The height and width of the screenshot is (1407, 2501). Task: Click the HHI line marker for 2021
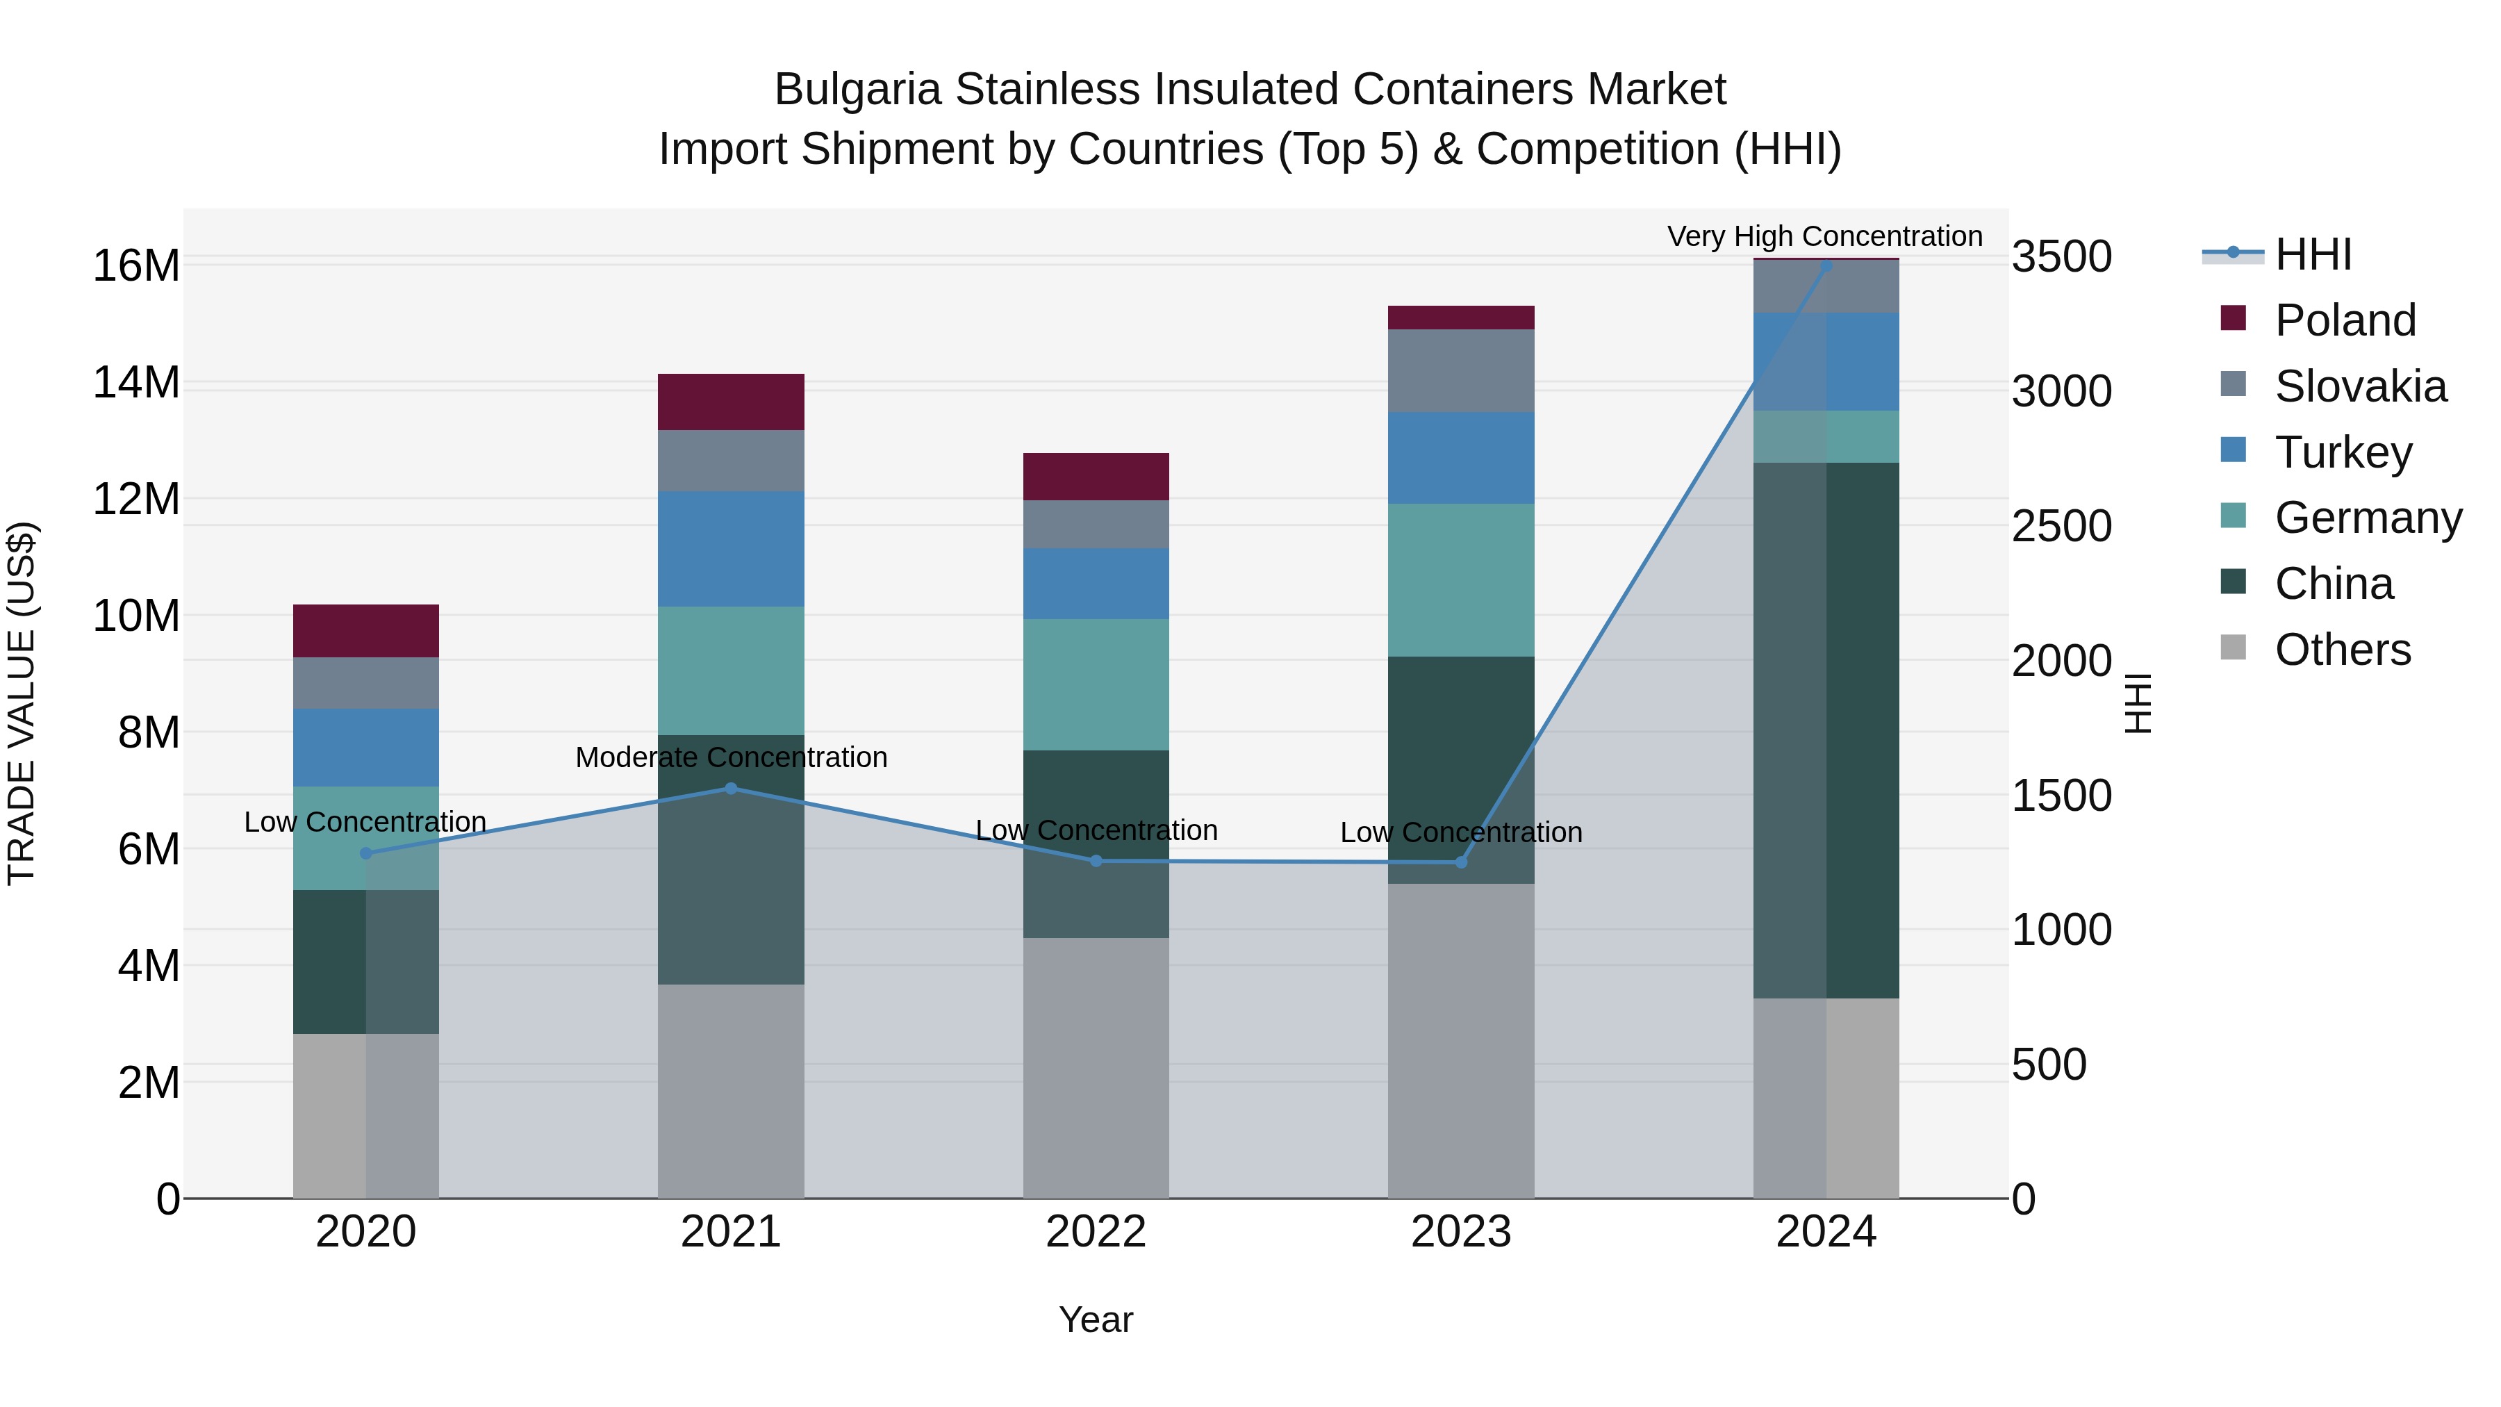[731, 789]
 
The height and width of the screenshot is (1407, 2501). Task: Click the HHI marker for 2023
[1461, 862]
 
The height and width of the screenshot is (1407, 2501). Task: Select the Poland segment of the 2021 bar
[731, 402]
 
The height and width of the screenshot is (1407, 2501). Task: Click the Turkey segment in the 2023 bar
[1461, 457]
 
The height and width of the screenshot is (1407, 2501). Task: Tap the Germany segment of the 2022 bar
[1096, 684]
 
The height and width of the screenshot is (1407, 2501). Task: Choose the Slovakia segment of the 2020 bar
[366, 682]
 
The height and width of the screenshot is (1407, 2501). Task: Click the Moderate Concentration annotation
[731, 757]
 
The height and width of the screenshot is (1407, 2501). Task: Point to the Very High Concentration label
[1824, 236]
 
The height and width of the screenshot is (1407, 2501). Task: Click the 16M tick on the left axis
[136, 266]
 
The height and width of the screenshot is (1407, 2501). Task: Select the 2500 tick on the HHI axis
[2061, 526]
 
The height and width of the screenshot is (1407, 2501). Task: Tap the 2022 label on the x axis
[1096, 1232]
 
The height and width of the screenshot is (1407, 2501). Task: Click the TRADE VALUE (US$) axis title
[22, 703]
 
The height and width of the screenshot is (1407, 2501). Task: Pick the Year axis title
[1096, 1319]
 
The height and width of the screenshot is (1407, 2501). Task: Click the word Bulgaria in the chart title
[857, 90]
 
